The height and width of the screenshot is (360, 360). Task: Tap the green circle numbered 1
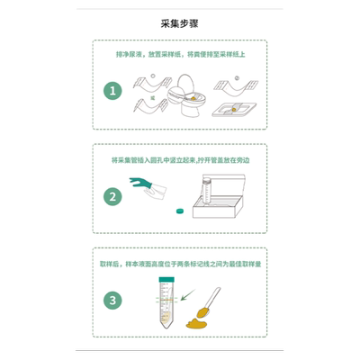[113, 90]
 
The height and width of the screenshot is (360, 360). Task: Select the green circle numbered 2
[113, 195]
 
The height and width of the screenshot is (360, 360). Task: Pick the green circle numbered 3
[113, 301]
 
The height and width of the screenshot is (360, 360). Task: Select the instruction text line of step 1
[179, 55]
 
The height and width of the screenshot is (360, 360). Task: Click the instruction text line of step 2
[179, 159]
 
